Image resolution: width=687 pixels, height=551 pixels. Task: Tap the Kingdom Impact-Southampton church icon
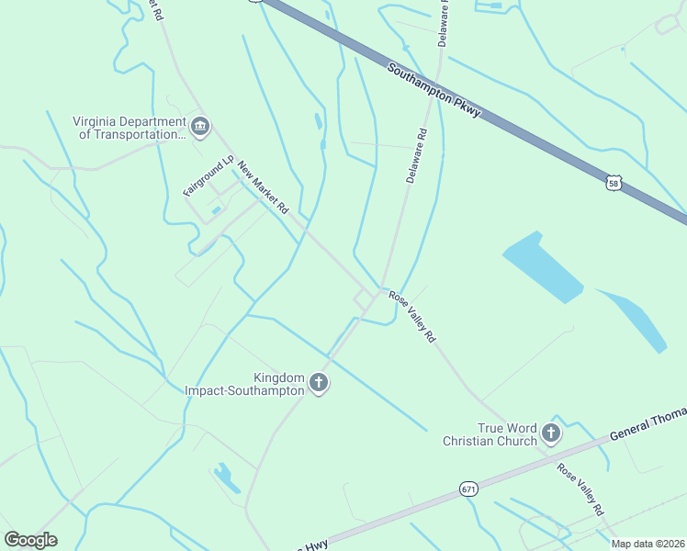click(x=319, y=383)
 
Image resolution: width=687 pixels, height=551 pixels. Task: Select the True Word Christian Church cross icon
click(x=551, y=433)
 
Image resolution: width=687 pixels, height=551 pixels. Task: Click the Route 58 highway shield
click(x=614, y=183)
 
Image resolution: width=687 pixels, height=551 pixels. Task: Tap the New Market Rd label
click(x=263, y=187)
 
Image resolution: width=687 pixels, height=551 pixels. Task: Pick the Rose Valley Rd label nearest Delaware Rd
click(x=411, y=317)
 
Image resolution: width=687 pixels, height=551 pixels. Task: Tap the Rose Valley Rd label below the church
click(x=580, y=488)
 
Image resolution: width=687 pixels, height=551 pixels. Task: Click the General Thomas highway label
click(x=648, y=423)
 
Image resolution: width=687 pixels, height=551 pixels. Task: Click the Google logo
click(x=30, y=540)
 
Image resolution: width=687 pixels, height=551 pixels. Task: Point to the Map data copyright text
click(x=648, y=544)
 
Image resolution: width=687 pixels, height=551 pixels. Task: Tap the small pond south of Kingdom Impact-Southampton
click(x=226, y=478)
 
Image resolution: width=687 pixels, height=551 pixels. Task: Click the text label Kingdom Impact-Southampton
click(x=244, y=384)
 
